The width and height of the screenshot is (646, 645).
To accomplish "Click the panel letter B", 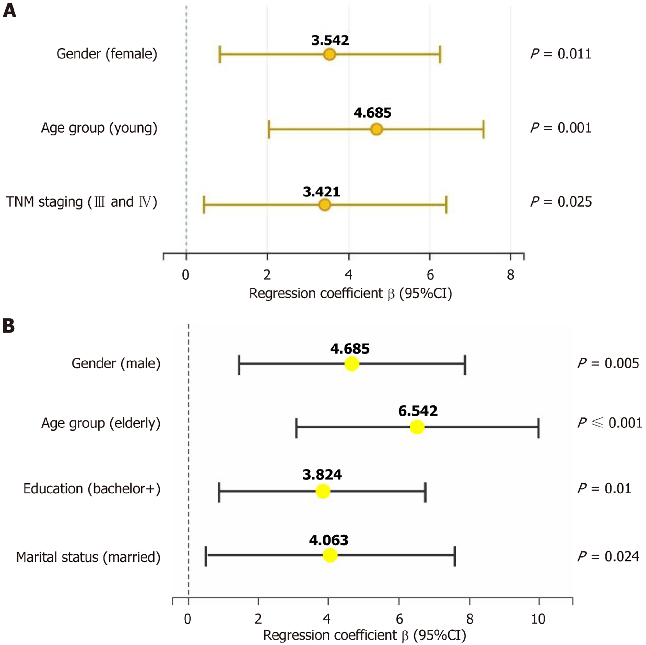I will [x=9, y=326].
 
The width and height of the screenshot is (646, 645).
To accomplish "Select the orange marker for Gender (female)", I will [x=330, y=54].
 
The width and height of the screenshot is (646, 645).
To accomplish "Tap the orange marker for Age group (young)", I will [x=377, y=129].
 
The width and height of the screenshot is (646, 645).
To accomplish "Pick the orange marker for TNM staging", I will [x=325, y=205].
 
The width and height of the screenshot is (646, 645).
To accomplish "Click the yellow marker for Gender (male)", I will [x=352, y=364].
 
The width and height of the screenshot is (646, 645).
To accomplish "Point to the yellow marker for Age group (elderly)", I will [x=417, y=427].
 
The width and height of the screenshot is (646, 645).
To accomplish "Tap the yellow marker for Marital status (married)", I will [x=330, y=555].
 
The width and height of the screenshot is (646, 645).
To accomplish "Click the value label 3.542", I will [x=330, y=41].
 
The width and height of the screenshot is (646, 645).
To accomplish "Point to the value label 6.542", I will [x=418, y=411].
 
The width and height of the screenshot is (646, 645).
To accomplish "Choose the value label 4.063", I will [x=329, y=540].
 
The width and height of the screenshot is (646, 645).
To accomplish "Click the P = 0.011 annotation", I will [x=561, y=54].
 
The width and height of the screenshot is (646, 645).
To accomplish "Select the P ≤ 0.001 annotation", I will [x=609, y=423].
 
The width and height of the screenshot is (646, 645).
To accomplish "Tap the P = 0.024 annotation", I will [x=608, y=556].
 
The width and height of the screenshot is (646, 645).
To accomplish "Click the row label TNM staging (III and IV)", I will [x=81, y=202].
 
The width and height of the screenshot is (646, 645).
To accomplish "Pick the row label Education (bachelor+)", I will [x=91, y=489].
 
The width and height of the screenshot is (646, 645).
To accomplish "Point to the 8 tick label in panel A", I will [x=510, y=275].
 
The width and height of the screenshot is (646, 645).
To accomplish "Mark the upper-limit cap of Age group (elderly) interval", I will [x=538, y=427].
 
